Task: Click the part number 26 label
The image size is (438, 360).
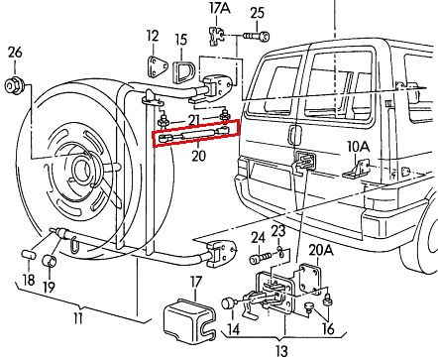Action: (x=15, y=53)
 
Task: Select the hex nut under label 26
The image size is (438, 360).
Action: (x=14, y=86)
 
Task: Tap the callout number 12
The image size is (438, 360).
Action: (x=153, y=37)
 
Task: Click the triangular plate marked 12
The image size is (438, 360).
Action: (x=156, y=67)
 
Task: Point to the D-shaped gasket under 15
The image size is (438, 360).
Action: (x=183, y=70)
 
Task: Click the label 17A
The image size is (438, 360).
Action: (x=220, y=9)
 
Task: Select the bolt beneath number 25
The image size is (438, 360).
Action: (x=257, y=36)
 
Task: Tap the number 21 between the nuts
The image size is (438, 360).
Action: (x=194, y=120)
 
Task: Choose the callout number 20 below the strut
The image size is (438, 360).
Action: (x=198, y=156)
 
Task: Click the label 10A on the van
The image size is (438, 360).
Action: (x=356, y=147)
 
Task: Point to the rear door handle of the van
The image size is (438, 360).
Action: (x=293, y=136)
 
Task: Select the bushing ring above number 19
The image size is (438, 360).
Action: (x=50, y=260)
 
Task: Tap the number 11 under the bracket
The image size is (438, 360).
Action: (x=77, y=318)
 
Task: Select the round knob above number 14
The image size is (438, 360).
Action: (x=228, y=303)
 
